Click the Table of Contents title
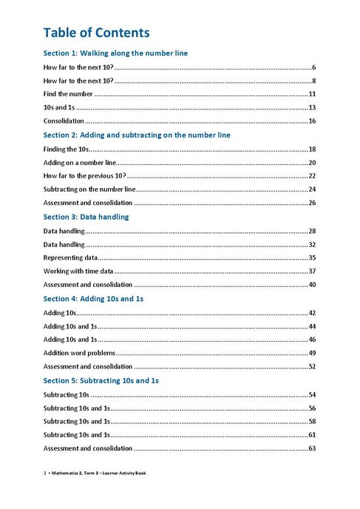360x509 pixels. point(96,33)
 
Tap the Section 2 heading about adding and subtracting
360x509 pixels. point(137,135)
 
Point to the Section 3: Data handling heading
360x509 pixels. point(86,217)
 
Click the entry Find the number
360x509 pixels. point(68,94)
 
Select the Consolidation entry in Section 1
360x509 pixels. point(64,121)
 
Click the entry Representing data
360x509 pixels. point(71,257)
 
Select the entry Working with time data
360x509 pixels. point(78,272)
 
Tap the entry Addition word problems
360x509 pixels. point(79,353)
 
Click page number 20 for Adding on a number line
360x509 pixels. point(312,162)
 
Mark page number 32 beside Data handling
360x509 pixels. point(312,244)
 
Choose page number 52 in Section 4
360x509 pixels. point(312,366)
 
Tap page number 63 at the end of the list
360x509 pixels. point(312,448)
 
